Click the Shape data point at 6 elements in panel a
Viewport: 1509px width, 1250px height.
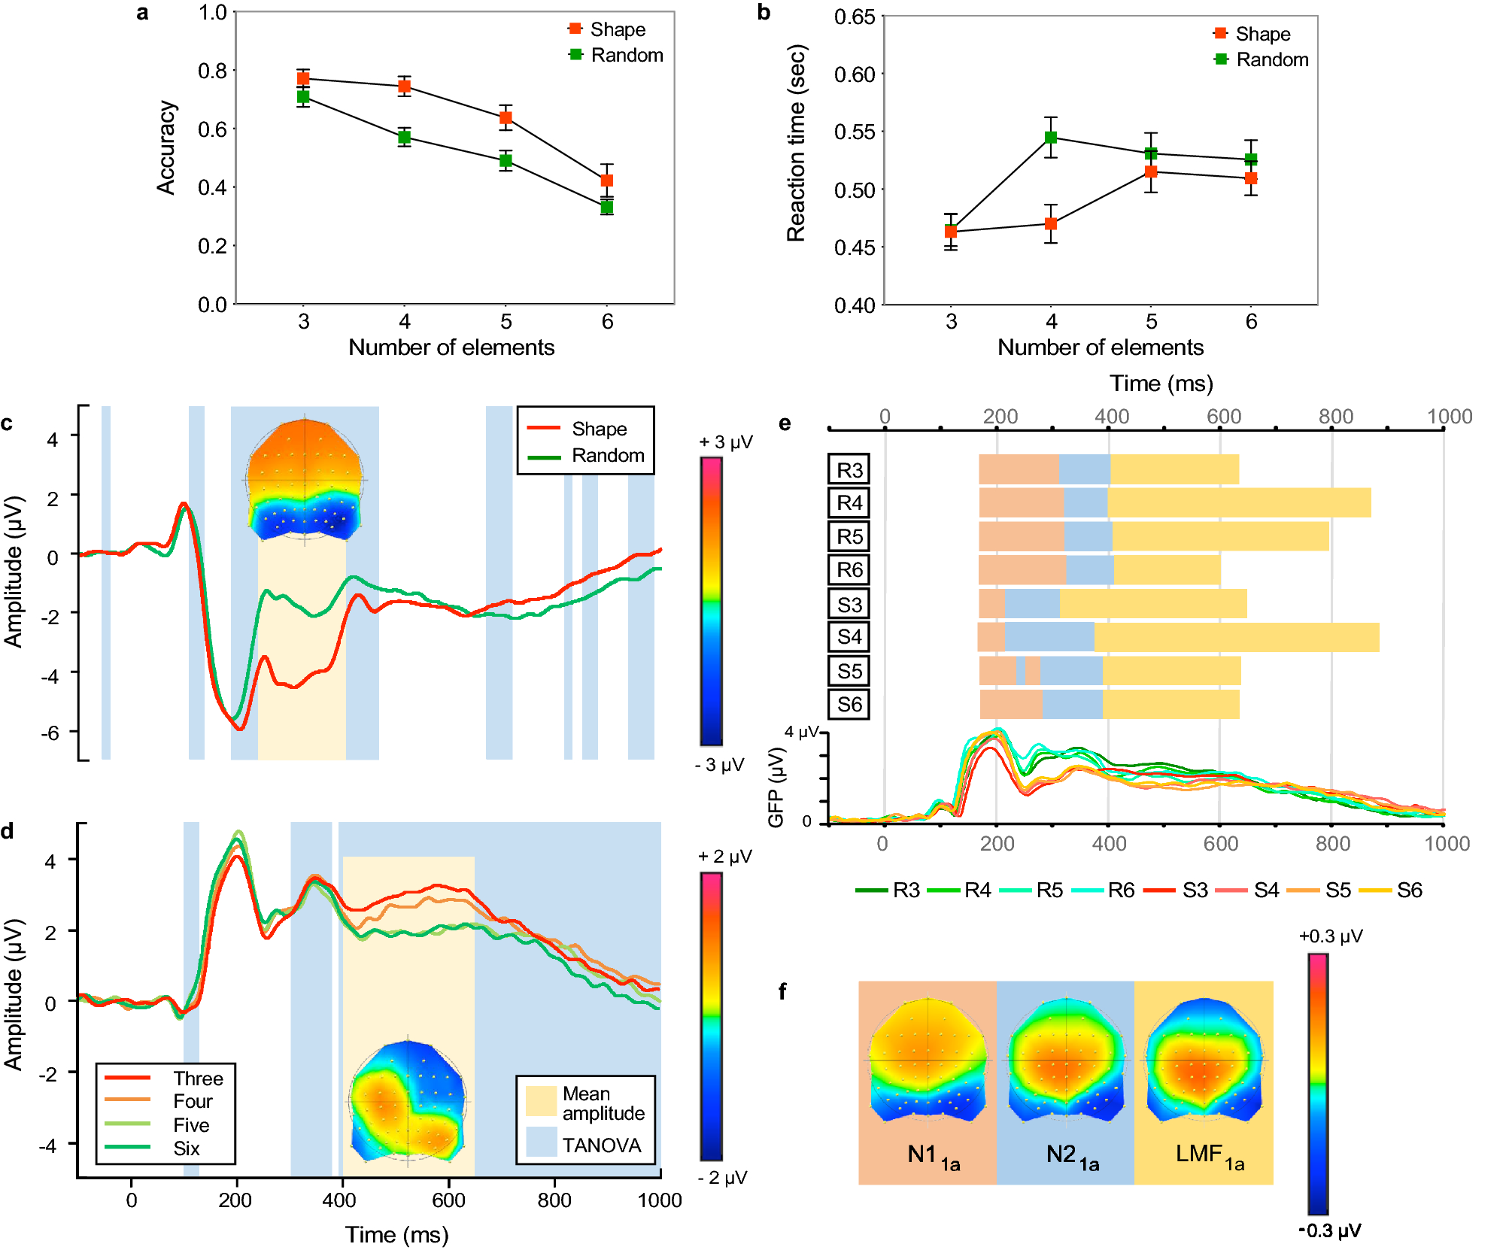[x=607, y=181]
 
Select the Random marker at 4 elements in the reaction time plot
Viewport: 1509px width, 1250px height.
[x=1051, y=138]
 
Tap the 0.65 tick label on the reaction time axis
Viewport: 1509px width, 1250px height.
[x=855, y=17]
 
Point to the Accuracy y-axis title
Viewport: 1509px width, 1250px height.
[x=166, y=147]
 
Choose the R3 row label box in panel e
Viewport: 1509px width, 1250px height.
[x=849, y=470]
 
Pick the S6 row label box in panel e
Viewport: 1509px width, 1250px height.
[x=849, y=705]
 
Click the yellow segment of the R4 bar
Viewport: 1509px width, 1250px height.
[x=1238, y=502]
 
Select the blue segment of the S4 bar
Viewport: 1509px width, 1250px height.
[x=1049, y=637]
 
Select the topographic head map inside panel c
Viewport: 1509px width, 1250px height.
[x=305, y=479]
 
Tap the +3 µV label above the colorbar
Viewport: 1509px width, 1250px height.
[x=725, y=441]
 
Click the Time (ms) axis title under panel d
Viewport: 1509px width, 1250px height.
[x=396, y=1234]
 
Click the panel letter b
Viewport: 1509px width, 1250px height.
[x=764, y=13]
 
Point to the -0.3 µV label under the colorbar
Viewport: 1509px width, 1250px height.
[x=1329, y=1230]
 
